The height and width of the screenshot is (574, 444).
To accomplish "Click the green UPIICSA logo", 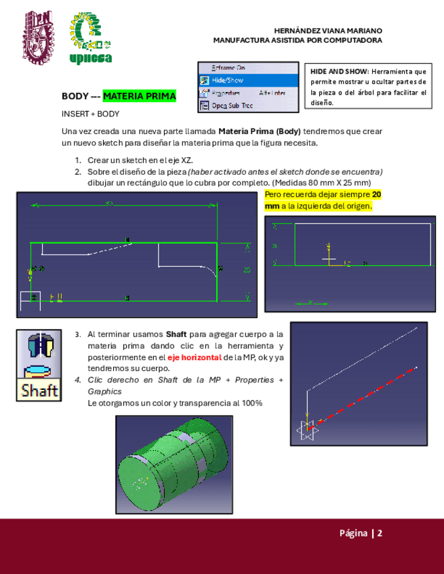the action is (91, 39).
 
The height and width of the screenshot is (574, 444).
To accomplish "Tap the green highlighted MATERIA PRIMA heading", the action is (139, 97).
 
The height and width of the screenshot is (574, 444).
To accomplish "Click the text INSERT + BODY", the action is (90, 114).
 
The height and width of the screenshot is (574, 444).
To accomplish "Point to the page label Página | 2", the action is (361, 533).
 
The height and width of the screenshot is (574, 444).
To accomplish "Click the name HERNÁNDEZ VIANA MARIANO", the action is (328, 31).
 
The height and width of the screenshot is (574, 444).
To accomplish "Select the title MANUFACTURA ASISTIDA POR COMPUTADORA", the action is (298, 41).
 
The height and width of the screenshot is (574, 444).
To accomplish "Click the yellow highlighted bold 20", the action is (377, 195).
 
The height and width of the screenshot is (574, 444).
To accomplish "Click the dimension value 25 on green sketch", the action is (247, 270).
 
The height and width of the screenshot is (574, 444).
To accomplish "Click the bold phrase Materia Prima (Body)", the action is (260, 130).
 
